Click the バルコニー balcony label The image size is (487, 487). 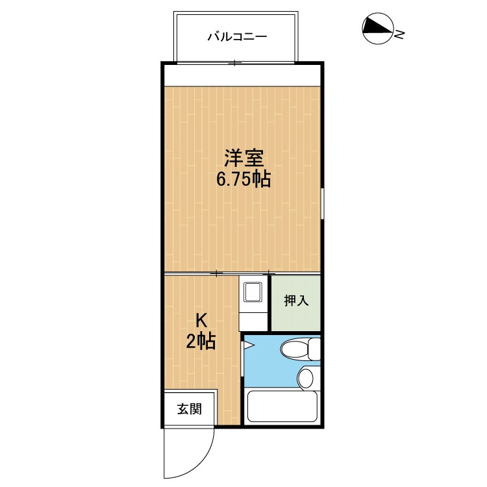pyautogui.click(x=237, y=37)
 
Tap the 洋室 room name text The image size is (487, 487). pyautogui.click(x=244, y=158)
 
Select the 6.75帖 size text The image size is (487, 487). pyautogui.click(x=243, y=179)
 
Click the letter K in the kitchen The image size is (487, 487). pyautogui.click(x=201, y=320)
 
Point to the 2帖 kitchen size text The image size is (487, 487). pyautogui.click(x=201, y=342)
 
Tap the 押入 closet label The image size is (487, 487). pyautogui.click(x=296, y=301)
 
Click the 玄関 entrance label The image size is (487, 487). pyautogui.click(x=190, y=408)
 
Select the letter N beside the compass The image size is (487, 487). pyautogui.click(x=399, y=34)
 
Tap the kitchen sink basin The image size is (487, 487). pyautogui.click(x=253, y=292)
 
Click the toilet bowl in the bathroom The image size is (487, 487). pyautogui.click(x=295, y=349)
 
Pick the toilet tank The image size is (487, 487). pyautogui.click(x=315, y=349)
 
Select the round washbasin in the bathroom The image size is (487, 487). pyautogui.click(x=306, y=378)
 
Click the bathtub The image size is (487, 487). pyautogui.click(x=282, y=406)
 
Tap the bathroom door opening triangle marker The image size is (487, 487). pyautogui.click(x=249, y=345)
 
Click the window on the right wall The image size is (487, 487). pyautogui.click(x=322, y=203)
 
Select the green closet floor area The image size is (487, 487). pyautogui.click(x=296, y=303)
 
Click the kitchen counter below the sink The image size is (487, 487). pyautogui.click(x=253, y=322)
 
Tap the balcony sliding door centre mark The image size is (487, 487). pyautogui.click(x=235, y=63)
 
